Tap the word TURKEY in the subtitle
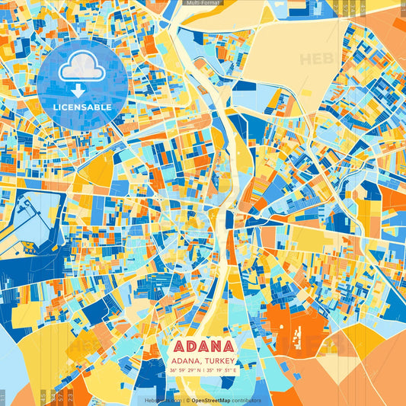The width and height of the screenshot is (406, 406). pos(219,360)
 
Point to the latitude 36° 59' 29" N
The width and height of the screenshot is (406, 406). pos(184,370)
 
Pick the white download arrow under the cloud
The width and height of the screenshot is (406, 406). pos(78,91)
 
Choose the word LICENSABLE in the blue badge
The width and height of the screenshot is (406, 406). pos(82,107)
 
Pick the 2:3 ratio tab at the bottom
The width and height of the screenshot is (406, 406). pos(71,397)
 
